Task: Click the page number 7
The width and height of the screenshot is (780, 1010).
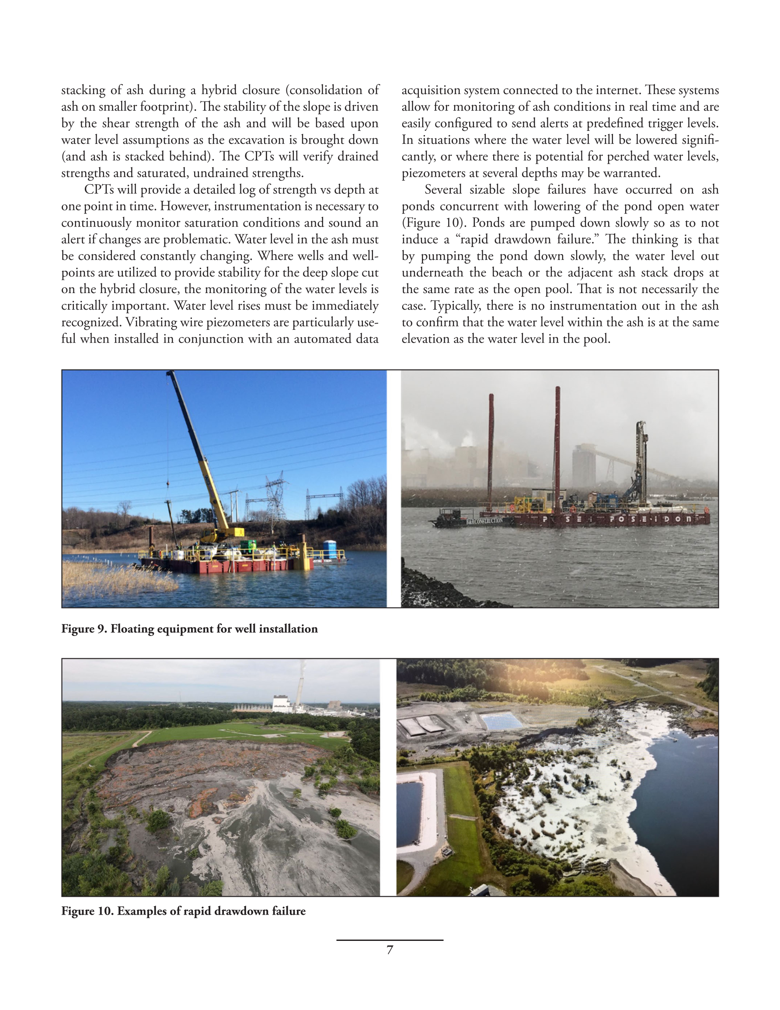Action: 390,950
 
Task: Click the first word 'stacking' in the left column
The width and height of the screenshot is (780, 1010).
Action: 83,90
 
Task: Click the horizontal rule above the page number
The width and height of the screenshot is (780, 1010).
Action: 390,940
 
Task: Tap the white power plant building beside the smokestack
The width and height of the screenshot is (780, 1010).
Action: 283,702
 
